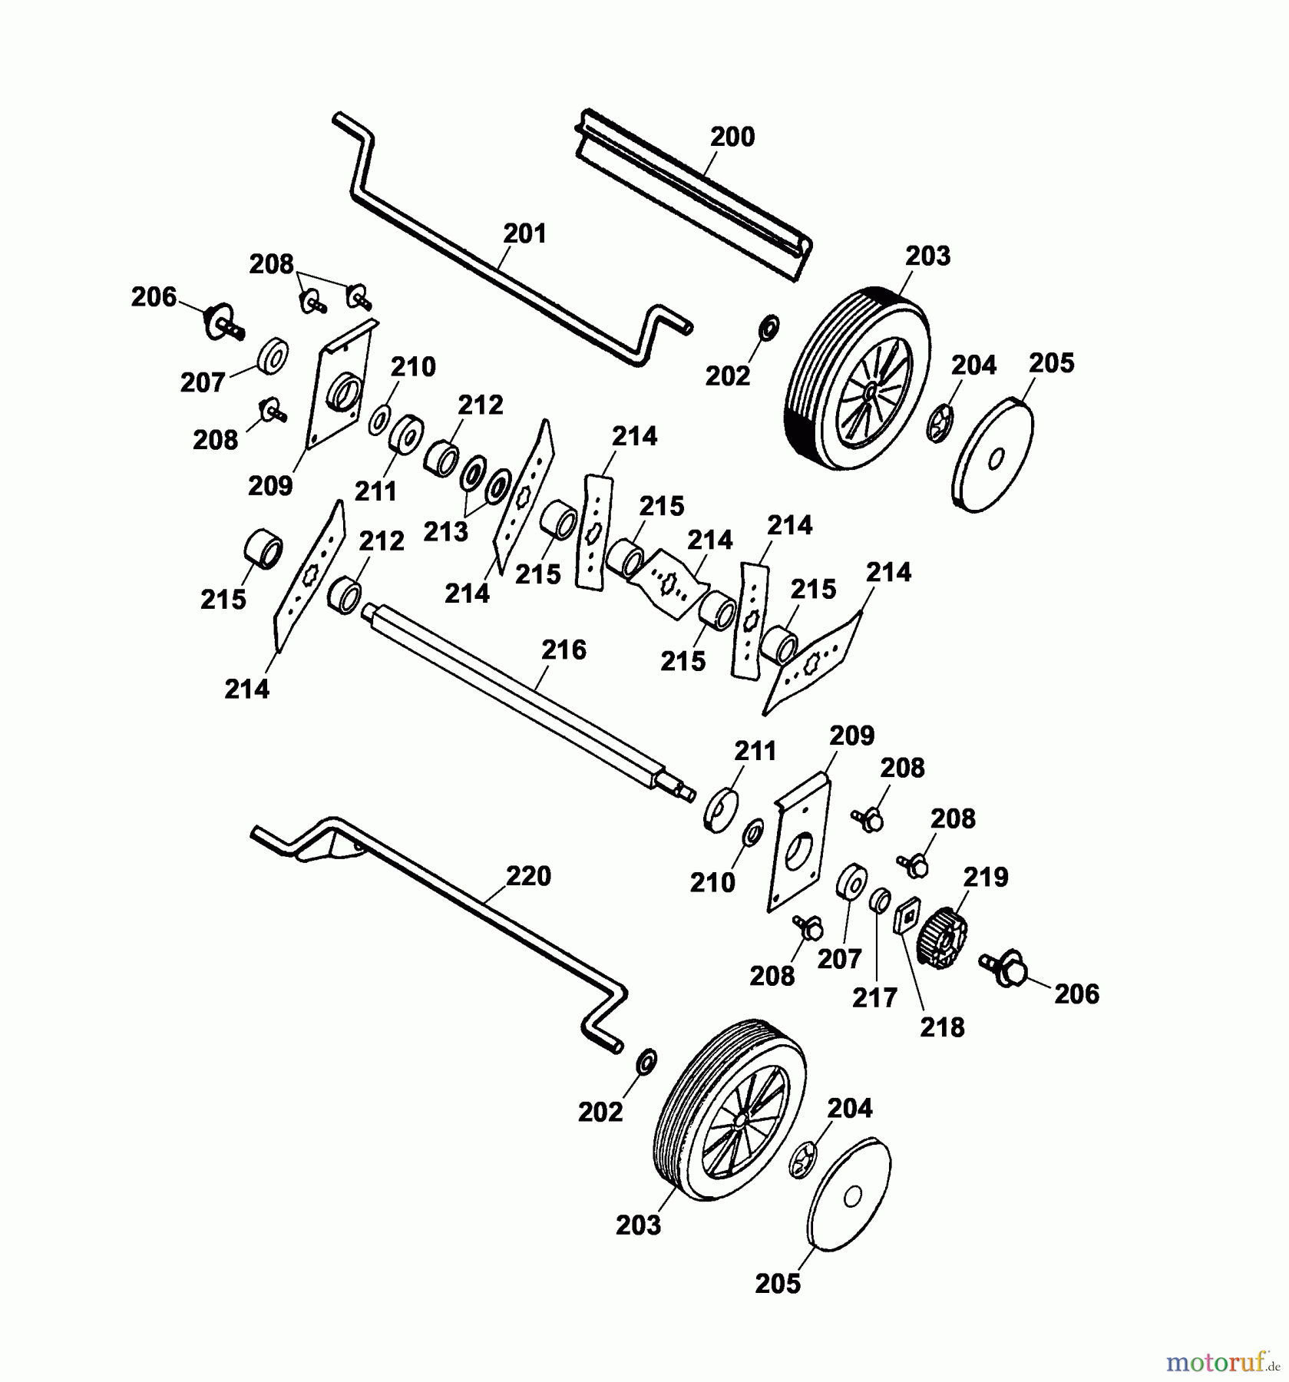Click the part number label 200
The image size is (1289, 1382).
click(732, 137)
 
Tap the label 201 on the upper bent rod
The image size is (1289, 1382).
click(525, 233)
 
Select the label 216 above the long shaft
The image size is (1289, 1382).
click(564, 650)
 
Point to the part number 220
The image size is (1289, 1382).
click(529, 875)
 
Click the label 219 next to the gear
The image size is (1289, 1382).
click(986, 877)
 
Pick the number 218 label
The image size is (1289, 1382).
click(943, 1027)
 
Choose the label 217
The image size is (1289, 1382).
click(874, 997)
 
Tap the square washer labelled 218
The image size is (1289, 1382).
click(907, 915)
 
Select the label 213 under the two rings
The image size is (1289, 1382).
click(446, 531)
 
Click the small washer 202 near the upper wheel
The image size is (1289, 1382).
click(767, 326)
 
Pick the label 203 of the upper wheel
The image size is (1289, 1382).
click(927, 256)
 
